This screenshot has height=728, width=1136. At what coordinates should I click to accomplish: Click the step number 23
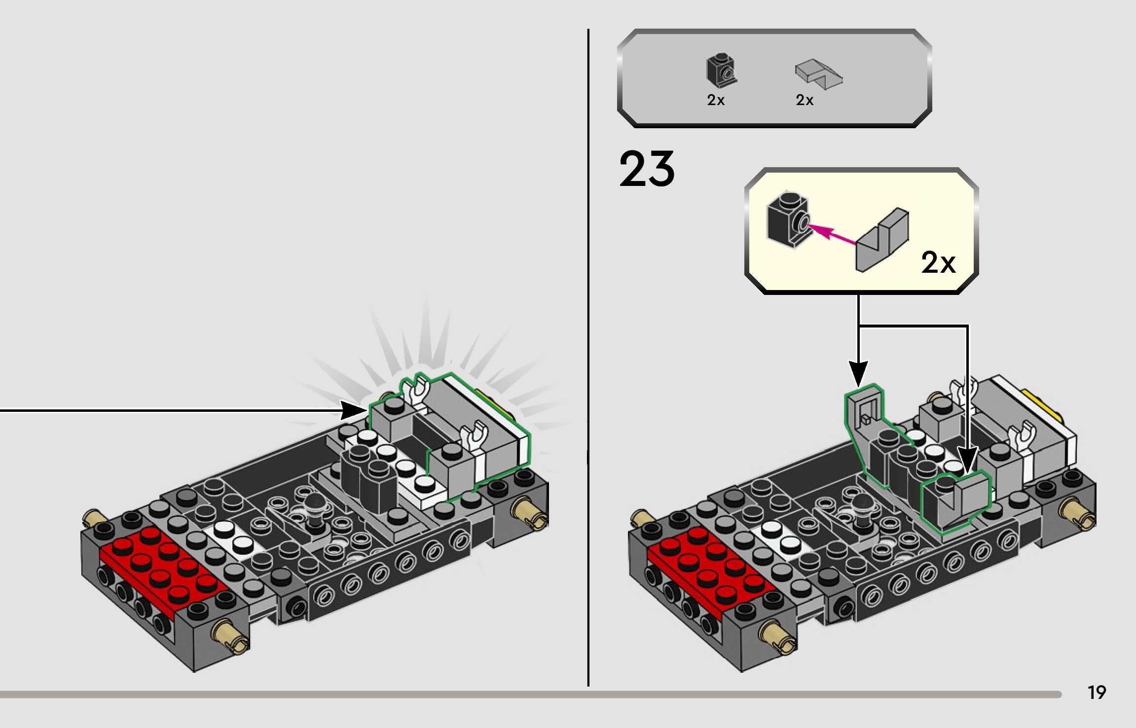point(647,169)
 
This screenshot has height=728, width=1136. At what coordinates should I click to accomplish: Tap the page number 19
point(1097,692)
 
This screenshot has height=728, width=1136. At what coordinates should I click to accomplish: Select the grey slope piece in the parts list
point(818,74)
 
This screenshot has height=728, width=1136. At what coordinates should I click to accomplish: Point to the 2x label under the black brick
point(716,100)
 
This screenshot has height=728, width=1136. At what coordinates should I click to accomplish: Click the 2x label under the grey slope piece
point(805,100)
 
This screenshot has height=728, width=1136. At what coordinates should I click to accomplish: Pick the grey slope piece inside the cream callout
point(882,240)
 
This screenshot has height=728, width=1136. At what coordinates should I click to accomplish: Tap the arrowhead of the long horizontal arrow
point(354,410)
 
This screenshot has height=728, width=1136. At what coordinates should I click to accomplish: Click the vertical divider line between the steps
point(588,357)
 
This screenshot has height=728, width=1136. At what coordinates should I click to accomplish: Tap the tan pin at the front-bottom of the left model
point(230,636)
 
